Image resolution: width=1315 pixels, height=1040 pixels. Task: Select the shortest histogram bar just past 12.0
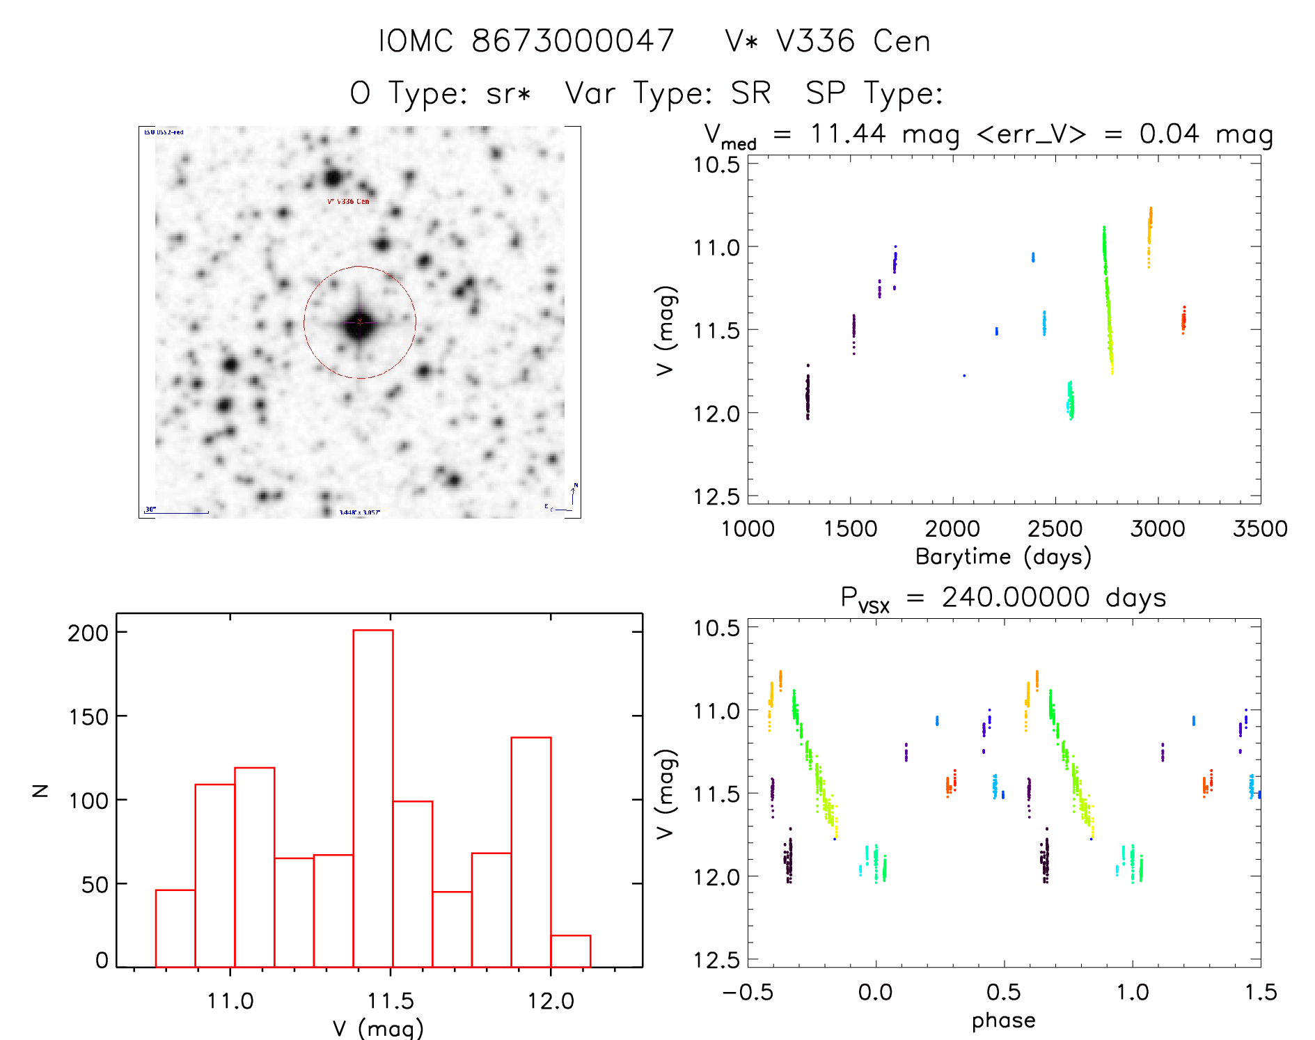click(570, 951)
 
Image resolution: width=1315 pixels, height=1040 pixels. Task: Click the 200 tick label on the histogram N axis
click(88, 633)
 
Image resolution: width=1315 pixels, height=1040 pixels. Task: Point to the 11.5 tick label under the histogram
click(391, 1001)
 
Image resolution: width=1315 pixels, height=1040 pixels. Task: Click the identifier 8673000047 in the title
click(573, 41)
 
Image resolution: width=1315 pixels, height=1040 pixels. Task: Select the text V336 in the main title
click(815, 41)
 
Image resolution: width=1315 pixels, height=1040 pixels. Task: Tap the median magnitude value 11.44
click(848, 134)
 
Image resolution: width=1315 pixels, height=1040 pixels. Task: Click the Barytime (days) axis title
click(1003, 557)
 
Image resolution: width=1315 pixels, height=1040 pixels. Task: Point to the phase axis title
click(1003, 1021)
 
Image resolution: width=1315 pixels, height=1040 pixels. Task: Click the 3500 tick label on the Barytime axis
click(1259, 529)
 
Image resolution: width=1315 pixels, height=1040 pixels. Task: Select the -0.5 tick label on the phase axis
click(747, 993)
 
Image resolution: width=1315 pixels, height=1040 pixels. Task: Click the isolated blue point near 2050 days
click(964, 376)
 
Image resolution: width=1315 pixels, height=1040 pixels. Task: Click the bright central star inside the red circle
click(359, 323)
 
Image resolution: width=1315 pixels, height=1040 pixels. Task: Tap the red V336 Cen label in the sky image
click(348, 202)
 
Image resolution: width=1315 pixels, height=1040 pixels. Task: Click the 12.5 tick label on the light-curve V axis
click(716, 496)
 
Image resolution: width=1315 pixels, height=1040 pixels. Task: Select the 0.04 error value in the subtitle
click(1169, 134)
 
